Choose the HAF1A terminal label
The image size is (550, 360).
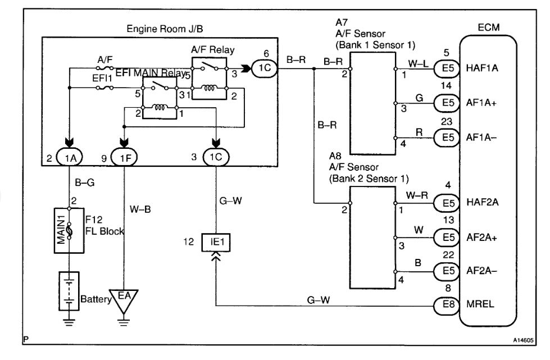click(x=483, y=67)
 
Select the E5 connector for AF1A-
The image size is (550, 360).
click(x=445, y=136)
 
